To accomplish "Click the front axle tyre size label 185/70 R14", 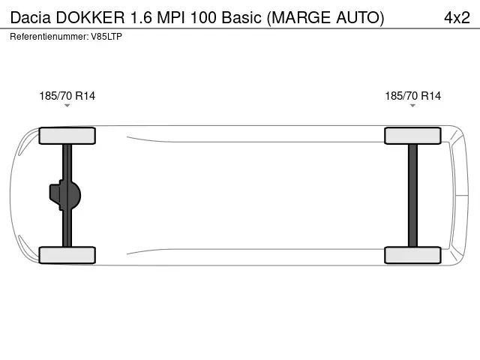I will pos(67,96).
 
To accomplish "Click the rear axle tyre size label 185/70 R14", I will pos(412,96).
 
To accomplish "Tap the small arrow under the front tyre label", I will pos(67,106).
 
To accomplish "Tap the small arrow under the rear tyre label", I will pos(412,106).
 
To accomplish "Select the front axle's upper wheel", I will pos(67,136).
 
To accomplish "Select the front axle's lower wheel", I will pos(67,255).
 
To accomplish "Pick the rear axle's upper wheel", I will pos(412,136).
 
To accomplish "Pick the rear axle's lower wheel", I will pos(412,255).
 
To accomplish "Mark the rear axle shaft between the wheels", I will pos(412,195).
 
